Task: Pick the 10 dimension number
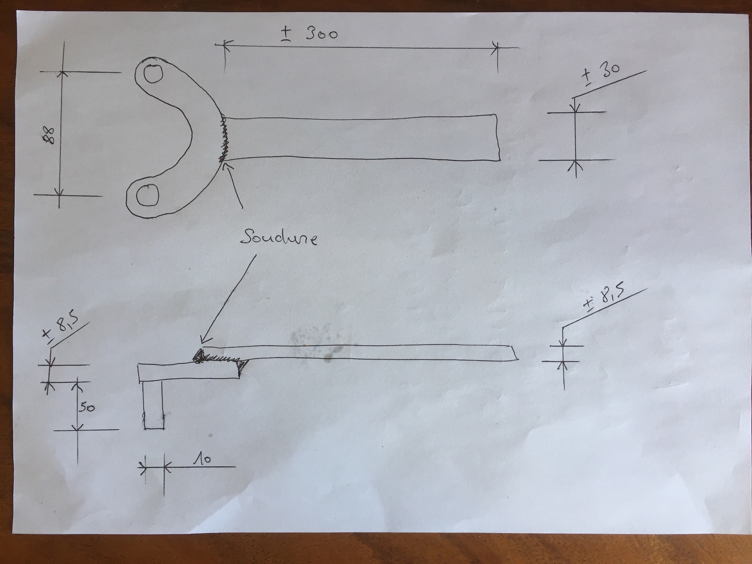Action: tap(202, 460)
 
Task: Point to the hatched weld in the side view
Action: tap(219, 358)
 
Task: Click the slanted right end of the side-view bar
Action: tap(515, 352)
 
